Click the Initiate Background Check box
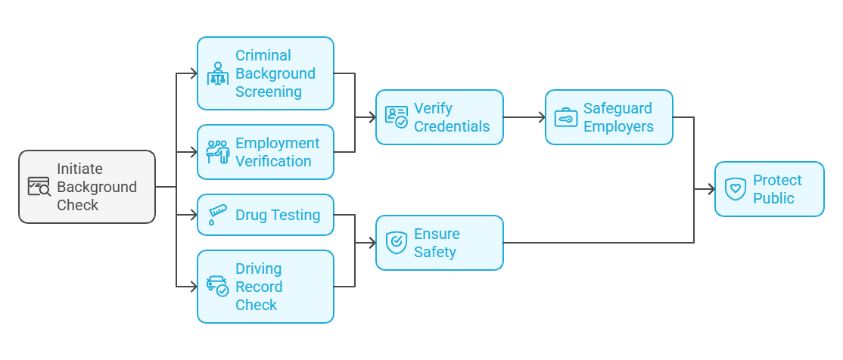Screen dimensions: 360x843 87,187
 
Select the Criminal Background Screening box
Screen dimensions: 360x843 265,73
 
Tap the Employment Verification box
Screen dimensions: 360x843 265,152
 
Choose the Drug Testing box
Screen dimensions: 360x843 265,215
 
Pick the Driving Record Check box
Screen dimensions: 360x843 265,287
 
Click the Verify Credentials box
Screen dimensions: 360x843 439,117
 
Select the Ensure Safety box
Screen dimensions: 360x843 439,243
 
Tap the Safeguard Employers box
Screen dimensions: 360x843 608,117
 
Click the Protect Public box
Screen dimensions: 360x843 769,189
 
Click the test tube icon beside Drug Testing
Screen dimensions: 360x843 218,215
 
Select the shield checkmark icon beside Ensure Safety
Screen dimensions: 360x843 396,242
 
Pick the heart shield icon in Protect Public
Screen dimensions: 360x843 735,189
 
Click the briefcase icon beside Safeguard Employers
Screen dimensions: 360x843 565,117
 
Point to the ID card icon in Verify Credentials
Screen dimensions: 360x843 396,116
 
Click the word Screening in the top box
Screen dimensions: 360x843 268,92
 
